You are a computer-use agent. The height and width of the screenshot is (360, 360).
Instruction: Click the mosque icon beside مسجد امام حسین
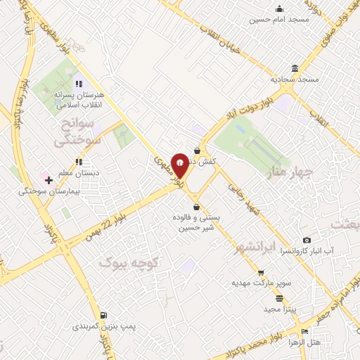(280, 8)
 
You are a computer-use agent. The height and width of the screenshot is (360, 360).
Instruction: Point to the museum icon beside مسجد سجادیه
(293, 68)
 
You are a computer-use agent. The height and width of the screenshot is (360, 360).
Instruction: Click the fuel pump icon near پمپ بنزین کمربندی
(104, 316)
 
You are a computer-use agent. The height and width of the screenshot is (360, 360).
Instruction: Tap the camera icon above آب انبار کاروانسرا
(307, 240)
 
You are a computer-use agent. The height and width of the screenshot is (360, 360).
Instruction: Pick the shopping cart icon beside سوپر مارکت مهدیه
(261, 272)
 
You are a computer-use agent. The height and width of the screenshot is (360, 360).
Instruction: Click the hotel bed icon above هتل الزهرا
(304, 332)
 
